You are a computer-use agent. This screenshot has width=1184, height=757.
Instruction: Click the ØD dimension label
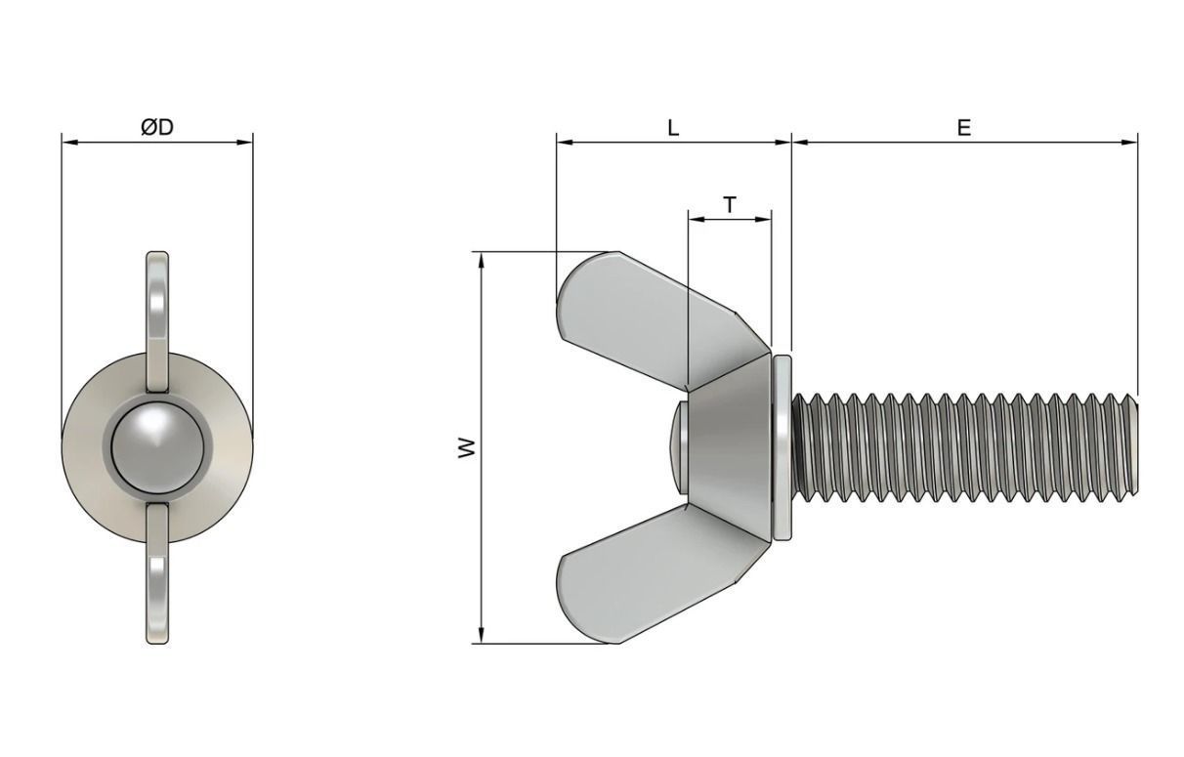(156, 127)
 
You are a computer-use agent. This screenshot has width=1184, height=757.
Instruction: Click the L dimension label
(673, 127)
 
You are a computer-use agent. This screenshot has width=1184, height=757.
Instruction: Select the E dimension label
(964, 127)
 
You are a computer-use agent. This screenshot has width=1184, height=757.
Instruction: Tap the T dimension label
(730, 204)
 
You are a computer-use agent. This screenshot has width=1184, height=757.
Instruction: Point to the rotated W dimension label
(468, 447)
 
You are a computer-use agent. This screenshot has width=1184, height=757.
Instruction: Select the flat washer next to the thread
(782, 446)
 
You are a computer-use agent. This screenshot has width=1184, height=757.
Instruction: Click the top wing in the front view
(157, 303)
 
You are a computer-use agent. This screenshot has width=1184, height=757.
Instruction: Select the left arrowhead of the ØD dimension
(67, 143)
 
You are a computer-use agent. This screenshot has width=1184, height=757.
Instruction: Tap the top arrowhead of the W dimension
(482, 259)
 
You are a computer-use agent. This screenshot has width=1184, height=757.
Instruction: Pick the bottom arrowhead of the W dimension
(482, 637)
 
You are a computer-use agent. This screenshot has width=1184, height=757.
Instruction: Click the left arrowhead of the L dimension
(563, 143)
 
